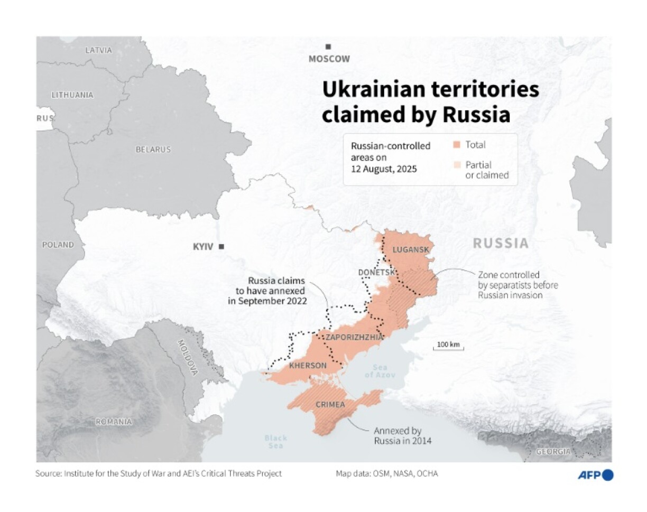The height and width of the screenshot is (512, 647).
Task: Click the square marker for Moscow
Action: click(x=328, y=47)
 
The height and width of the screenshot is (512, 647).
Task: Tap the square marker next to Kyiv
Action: click(x=221, y=247)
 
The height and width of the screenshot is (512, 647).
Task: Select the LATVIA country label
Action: click(x=99, y=50)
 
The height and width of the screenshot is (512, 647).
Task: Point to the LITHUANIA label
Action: click(x=72, y=95)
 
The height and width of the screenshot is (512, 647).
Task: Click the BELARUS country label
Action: click(x=153, y=150)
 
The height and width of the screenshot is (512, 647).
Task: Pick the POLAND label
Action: click(x=59, y=245)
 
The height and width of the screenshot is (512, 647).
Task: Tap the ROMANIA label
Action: click(x=114, y=422)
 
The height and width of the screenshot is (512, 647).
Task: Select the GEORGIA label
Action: click(x=553, y=452)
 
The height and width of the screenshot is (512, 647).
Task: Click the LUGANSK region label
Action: click(x=411, y=249)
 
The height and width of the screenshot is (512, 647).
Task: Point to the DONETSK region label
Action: click(x=376, y=272)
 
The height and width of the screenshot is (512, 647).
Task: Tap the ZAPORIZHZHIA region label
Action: click(x=354, y=337)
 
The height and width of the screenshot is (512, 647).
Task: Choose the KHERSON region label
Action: click(x=308, y=366)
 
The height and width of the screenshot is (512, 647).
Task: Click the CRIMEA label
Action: click(x=330, y=405)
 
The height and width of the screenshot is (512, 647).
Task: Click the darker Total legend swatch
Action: click(x=457, y=145)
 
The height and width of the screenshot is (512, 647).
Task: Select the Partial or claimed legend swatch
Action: click(x=457, y=165)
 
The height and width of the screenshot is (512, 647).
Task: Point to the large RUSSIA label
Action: click(x=500, y=244)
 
